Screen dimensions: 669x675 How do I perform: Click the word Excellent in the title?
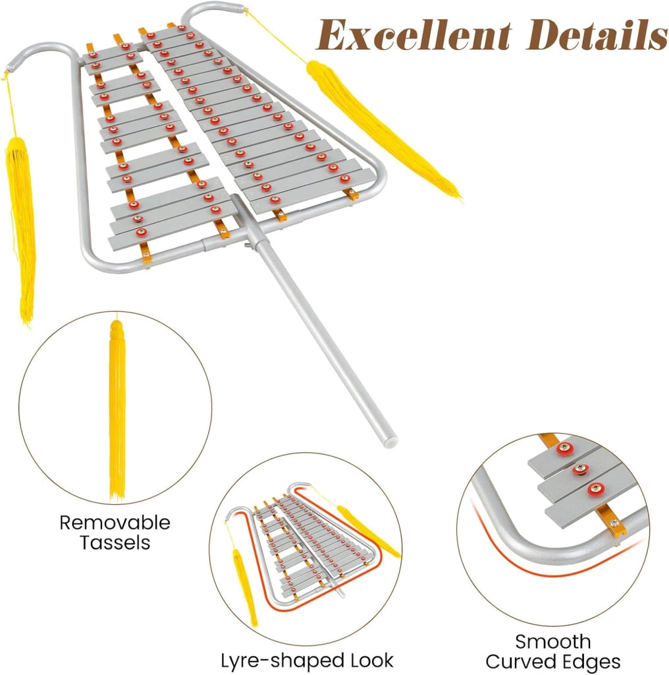pyautogui.click(x=414, y=36)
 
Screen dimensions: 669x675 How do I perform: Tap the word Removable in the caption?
pyautogui.click(x=115, y=523)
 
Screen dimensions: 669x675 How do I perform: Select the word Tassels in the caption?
pyautogui.click(x=115, y=543)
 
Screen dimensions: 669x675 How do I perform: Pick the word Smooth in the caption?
pyautogui.click(x=553, y=641)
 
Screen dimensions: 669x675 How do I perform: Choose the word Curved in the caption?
pyautogui.click(x=522, y=662)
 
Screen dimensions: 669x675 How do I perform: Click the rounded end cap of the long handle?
pyautogui.click(x=390, y=442)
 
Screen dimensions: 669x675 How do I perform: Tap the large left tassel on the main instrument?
pyautogui.click(x=20, y=228)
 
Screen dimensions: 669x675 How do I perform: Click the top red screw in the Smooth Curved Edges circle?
pyautogui.click(x=564, y=448)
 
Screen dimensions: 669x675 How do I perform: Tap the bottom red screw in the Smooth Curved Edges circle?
pyautogui.click(x=597, y=488)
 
